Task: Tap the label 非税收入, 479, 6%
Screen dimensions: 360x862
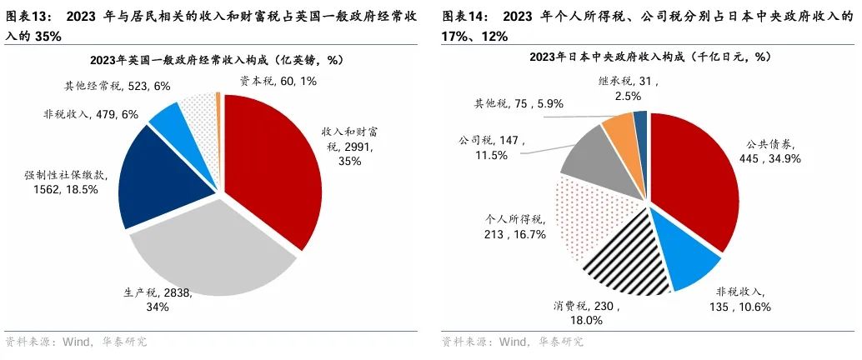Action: pyautogui.click(x=91, y=114)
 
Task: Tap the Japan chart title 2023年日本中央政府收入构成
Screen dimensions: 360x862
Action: pyautogui.click(x=650, y=57)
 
